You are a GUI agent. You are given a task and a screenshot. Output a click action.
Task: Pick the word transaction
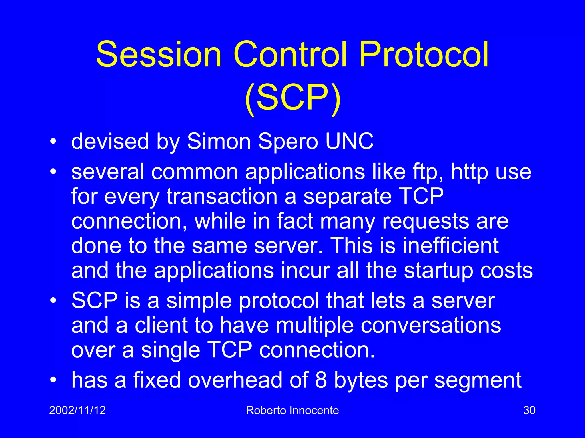222,197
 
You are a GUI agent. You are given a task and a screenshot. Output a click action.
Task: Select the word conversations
431,326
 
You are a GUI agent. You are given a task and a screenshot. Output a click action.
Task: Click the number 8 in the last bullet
321,380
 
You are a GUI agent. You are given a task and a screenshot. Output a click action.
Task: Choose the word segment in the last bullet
478,380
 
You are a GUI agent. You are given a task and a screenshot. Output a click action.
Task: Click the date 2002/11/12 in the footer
77,410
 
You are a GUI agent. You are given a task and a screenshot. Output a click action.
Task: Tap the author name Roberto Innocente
292,410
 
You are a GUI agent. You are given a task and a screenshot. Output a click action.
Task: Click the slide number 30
529,410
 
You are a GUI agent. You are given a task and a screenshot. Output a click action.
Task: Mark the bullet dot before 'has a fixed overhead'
53,380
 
